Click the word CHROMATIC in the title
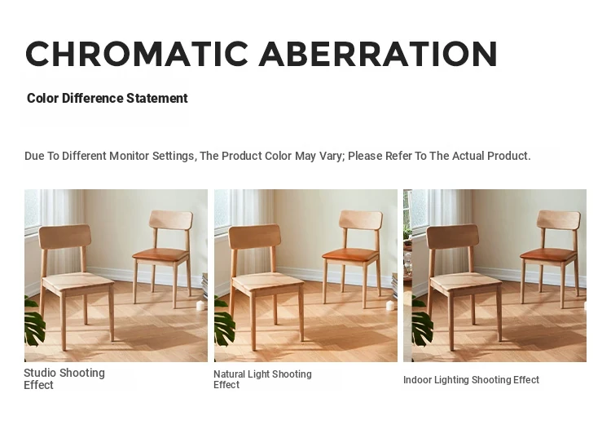click(137, 54)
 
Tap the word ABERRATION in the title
click(378, 54)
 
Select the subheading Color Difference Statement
click(108, 99)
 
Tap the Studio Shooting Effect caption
click(64, 378)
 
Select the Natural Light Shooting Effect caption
click(262, 379)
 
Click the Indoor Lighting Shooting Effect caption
click(471, 379)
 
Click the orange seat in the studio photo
click(161, 254)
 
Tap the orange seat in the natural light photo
click(350, 254)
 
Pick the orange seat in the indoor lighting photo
click(548, 254)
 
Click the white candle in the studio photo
click(200, 305)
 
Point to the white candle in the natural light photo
click(390, 305)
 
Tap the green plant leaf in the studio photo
click(34, 321)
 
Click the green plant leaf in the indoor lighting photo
click(422, 321)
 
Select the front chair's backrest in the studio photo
click(65, 237)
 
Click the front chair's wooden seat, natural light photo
click(267, 281)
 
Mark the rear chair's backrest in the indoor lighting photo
click(559, 219)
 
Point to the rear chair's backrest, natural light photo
click(361, 219)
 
